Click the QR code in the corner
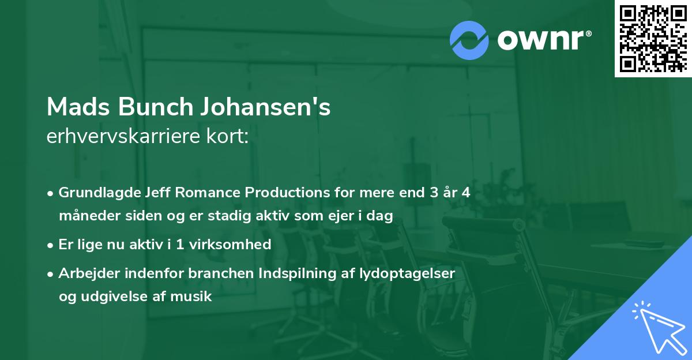[653, 38]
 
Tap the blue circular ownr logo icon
[469, 40]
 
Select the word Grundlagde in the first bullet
[94, 193]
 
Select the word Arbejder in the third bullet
[84, 273]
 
